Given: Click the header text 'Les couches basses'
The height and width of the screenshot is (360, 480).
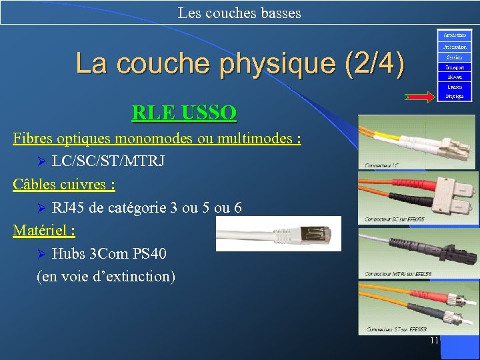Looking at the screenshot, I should [239, 13].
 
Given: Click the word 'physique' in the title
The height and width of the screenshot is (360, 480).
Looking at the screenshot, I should [281, 64].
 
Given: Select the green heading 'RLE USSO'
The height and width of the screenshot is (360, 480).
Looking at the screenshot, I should [184, 112].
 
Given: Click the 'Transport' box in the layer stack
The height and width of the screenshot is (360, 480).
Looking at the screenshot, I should [455, 67].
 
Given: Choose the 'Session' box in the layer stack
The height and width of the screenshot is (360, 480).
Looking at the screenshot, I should [455, 57].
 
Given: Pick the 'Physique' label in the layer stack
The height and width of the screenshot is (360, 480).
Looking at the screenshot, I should [455, 97].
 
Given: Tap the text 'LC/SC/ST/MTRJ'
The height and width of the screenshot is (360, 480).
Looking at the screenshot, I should [109, 161].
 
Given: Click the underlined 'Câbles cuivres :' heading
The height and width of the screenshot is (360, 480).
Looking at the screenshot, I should [63, 184].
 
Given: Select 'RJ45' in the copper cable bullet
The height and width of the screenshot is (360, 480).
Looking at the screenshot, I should [68, 208].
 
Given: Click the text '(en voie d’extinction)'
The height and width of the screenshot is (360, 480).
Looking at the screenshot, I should [106, 276].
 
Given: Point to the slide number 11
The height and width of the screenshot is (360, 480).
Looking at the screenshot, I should [434, 341].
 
